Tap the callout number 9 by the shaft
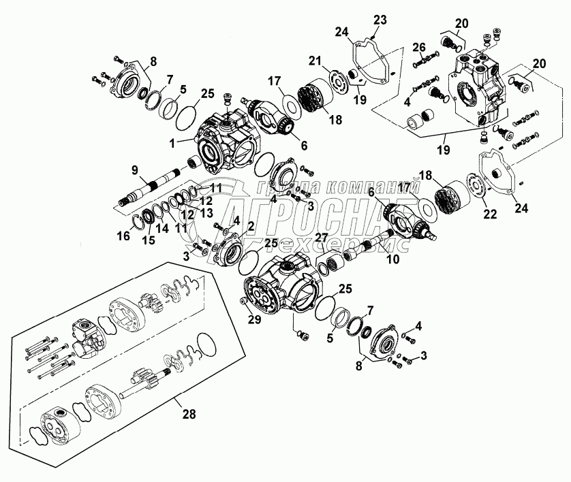[x=135, y=169]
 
